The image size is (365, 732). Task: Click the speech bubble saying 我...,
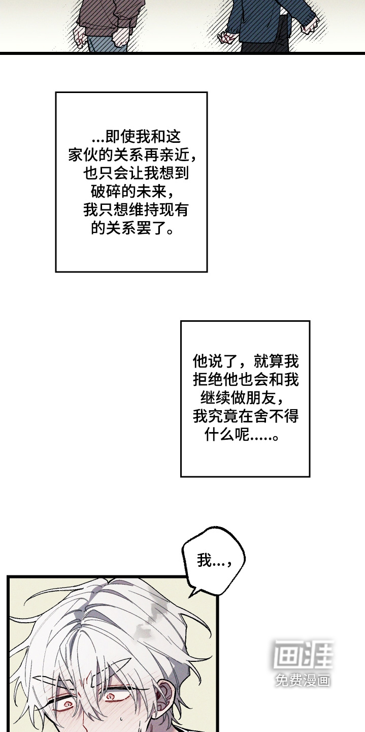coord(214,561)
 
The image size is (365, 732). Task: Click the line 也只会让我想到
coord(136,173)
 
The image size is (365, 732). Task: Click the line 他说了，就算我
coord(246,361)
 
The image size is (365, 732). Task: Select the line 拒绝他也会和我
coord(246,380)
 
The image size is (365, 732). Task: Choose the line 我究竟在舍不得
coord(246,417)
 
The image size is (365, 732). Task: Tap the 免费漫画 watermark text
coord(303,680)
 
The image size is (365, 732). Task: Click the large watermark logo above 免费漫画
coord(303,654)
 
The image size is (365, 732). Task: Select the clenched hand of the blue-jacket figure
coord(225,37)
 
